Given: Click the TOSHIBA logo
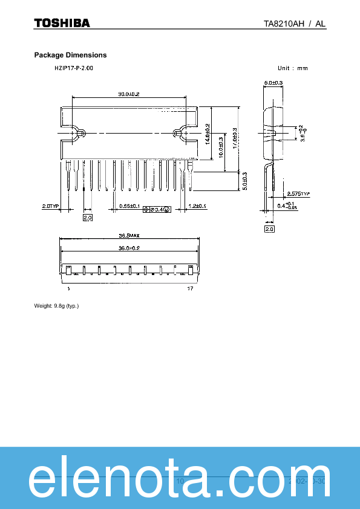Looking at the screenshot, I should pyautogui.click(x=62, y=23).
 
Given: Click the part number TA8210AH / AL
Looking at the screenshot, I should pyautogui.click(x=295, y=24).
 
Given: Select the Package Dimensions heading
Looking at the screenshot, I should pyautogui.click(x=70, y=55).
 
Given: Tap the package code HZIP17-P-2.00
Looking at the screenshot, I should pyautogui.click(x=74, y=68).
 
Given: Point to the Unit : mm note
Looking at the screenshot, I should pyautogui.click(x=293, y=68).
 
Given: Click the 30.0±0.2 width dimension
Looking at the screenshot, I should pyautogui.click(x=128, y=94).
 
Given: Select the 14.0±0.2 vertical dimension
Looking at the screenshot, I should pyautogui.click(x=208, y=134).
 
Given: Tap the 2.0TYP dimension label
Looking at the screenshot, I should pyautogui.click(x=50, y=207).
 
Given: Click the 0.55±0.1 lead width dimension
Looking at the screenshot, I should pyautogui.click(x=129, y=207).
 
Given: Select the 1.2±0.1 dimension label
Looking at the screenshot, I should pyautogui.click(x=197, y=207).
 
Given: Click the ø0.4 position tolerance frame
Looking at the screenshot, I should pyautogui.click(x=157, y=209).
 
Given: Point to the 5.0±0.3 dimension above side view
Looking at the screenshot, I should pyautogui.click(x=273, y=82).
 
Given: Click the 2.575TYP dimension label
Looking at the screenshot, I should pyautogui.click(x=298, y=194).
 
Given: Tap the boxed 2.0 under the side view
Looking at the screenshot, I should pyautogui.click(x=269, y=229).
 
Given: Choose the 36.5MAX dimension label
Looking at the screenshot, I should pyautogui.click(x=129, y=236).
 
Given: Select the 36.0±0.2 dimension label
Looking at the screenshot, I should pyautogui.click(x=129, y=248).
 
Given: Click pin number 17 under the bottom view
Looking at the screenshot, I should pyautogui.click(x=189, y=289).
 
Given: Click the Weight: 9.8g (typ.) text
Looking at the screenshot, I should pyautogui.click(x=56, y=306).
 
